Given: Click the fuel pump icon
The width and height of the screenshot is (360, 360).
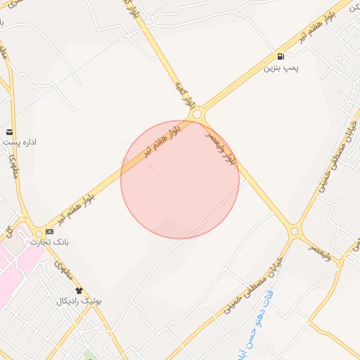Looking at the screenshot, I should click(281, 56).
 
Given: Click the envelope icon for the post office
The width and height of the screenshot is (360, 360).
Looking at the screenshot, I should click(9, 131).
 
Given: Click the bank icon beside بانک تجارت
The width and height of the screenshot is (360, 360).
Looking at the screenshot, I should click(49, 231).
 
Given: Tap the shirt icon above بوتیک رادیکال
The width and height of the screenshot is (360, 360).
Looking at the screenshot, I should click(78, 290).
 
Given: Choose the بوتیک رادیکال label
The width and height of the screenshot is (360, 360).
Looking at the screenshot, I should click(79, 301).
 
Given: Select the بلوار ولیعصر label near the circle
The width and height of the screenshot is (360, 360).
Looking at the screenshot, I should click(222, 146).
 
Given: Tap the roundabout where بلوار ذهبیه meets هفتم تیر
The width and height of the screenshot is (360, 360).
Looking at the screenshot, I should click(197, 114).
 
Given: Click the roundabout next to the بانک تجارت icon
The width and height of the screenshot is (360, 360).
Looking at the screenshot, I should click(38, 234).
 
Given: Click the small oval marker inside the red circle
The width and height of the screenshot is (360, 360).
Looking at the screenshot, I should click(150, 167).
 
